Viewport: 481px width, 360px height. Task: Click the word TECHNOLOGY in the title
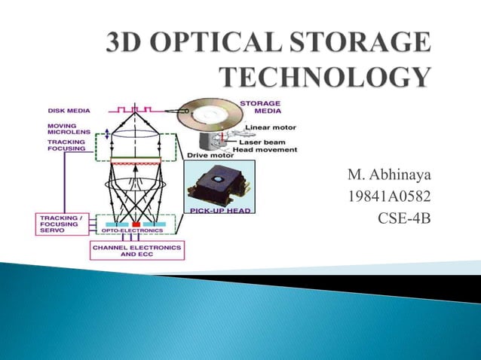coord(325,77)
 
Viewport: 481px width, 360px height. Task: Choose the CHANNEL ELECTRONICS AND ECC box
coord(136,249)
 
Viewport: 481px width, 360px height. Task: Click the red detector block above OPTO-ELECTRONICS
coord(136,224)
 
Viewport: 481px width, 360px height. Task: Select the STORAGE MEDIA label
coord(261,107)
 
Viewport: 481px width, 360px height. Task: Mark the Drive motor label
coord(205,155)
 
